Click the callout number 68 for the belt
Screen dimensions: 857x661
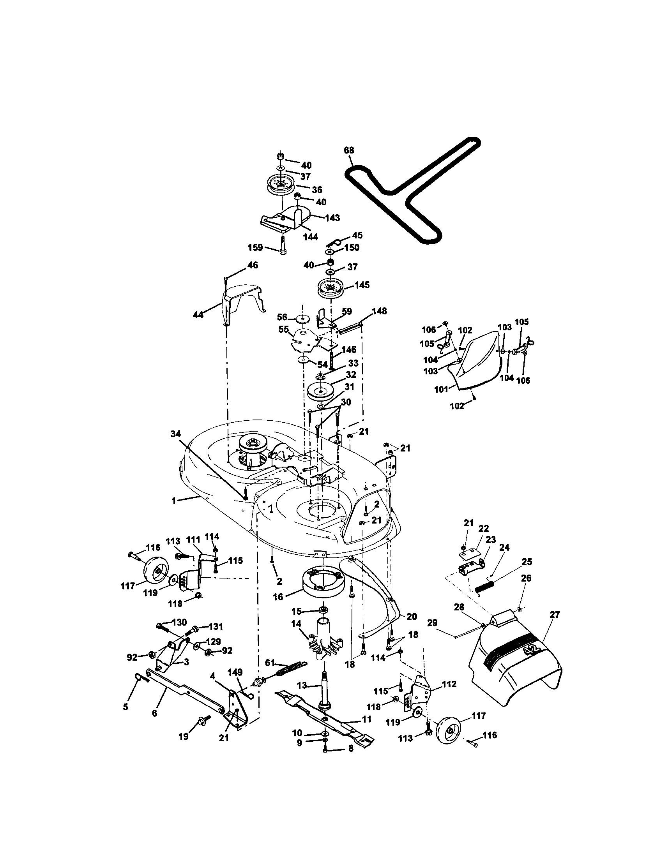click(348, 150)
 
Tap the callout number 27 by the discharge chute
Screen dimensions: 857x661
click(555, 614)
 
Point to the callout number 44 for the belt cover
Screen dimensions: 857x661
click(198, 314)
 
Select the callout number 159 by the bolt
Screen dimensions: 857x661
click(255, 248)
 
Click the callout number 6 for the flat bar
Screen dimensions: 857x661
click(154, 713)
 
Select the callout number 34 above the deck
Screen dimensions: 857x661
click(176, 434)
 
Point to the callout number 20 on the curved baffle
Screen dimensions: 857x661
click(411, 617)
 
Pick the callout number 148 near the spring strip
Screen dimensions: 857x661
click(379, 311)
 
